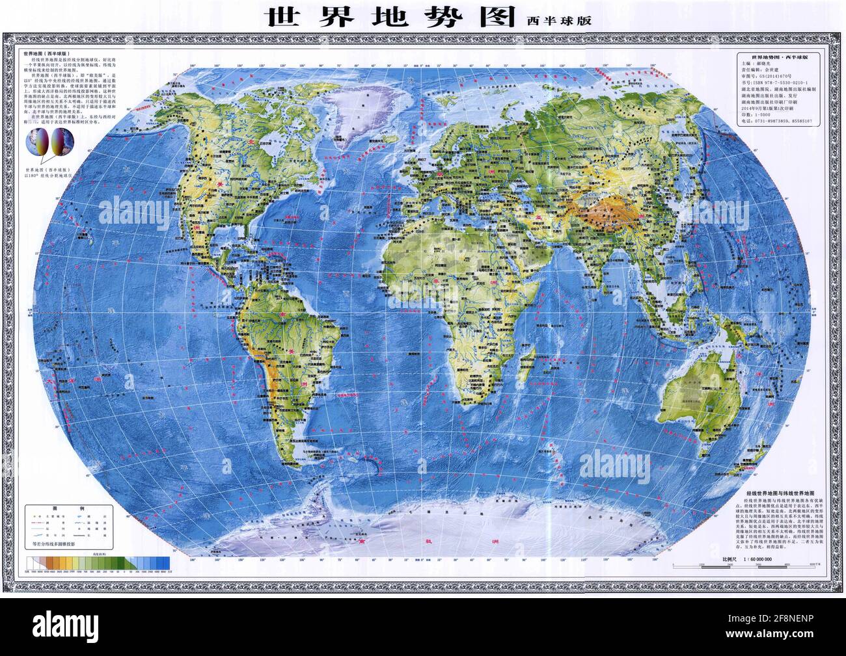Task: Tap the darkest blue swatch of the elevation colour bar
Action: (167, 562)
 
